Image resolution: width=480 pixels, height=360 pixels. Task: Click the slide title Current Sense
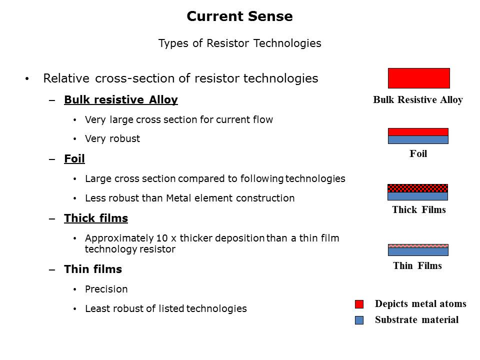[239, 16]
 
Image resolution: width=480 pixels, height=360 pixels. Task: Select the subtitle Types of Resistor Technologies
[239, 43]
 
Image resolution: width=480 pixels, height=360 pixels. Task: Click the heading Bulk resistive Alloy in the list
[120, 99]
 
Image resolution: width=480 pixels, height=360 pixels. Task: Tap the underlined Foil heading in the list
[74, 158]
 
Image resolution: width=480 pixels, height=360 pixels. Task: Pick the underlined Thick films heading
[95, 218]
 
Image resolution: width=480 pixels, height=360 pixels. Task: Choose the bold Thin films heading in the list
[92, 269]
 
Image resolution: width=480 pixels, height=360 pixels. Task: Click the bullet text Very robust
[112, 138]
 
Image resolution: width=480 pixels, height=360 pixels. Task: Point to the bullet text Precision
[106, 289]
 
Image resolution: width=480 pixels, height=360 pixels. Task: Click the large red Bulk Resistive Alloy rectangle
[418, 78]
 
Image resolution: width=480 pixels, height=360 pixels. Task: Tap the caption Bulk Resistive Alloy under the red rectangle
[417, 100]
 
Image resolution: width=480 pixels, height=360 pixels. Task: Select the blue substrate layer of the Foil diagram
[418, 140]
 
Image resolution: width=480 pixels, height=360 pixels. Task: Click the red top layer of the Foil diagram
[418, 132]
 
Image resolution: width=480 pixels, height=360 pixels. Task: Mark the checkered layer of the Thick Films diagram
[418, 188]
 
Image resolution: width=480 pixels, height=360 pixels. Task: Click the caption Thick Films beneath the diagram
[418, 209]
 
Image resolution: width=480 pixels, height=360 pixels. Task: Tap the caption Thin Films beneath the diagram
[417, 265]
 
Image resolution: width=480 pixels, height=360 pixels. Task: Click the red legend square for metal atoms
[359, 304]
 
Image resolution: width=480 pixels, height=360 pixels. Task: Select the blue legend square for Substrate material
[359, 320]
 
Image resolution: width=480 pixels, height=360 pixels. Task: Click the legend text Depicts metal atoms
[420, 304]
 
